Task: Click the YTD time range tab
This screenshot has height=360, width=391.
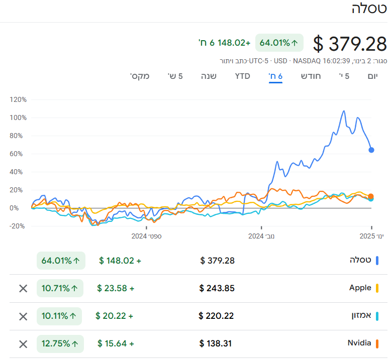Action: coord(242,76)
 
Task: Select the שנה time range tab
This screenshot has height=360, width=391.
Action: coord(209,76)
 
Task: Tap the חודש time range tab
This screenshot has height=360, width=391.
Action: coord(311,76)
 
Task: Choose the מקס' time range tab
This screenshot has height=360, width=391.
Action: coord(140,76)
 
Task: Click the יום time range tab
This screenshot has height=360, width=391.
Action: coord(372,76)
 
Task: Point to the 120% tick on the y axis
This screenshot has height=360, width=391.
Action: coord(18,99)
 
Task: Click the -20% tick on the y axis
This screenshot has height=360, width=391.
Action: coord(18,226)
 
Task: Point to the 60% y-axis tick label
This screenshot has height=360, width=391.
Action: coord(19,154)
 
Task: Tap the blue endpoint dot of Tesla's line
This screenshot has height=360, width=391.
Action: coord(371,150)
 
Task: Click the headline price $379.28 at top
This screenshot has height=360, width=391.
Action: coord(350,44)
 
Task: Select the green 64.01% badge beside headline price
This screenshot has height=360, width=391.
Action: coord(279,43)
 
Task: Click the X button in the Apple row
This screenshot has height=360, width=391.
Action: coord(23,288)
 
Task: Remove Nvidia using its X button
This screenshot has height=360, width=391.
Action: coord(23,344)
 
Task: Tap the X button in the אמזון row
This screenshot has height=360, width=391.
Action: coord(23,316)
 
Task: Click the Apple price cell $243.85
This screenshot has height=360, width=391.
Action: coord(217,288)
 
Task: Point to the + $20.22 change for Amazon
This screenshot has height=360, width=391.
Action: coord(115,316)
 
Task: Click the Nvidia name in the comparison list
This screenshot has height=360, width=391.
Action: coord(359,343)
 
